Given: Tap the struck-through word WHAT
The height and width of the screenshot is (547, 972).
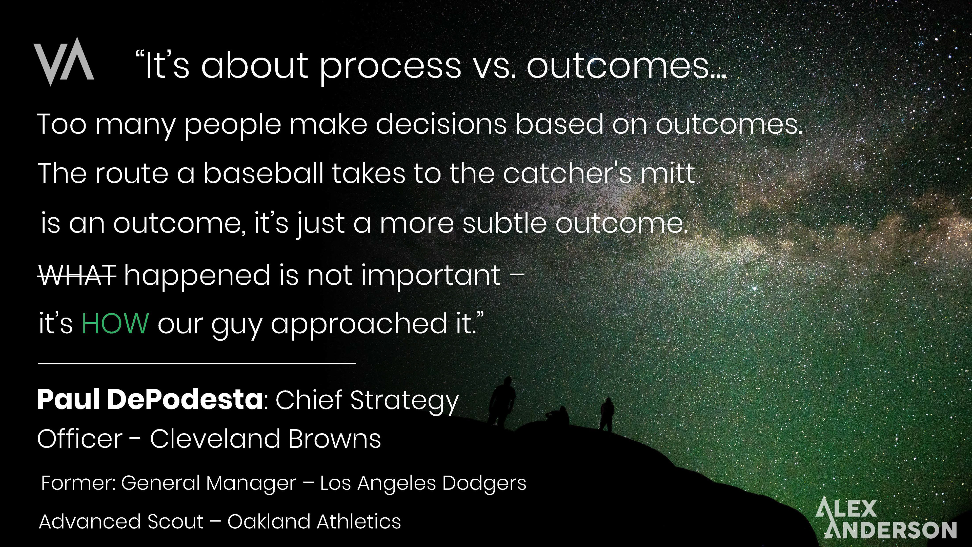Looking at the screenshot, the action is click(x=77, y=275).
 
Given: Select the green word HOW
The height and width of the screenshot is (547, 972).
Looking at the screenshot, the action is click(x=115, y=324).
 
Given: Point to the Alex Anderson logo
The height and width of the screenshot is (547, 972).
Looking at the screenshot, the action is click(x=886, y=518).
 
